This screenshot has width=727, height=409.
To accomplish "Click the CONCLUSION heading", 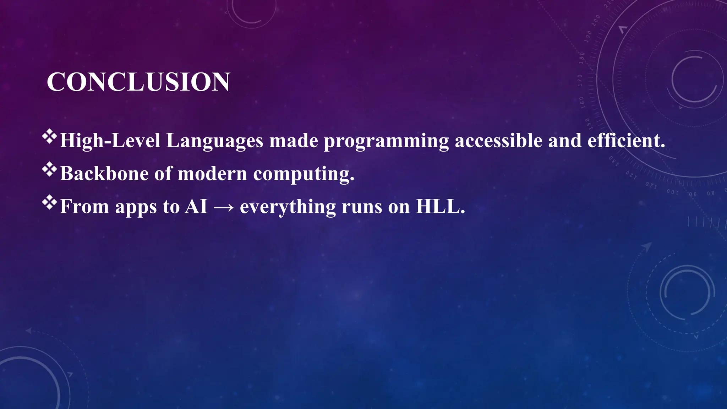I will [138, 82].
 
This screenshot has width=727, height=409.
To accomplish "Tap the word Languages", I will [214, 141].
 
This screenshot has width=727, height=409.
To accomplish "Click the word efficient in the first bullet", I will [626, 141].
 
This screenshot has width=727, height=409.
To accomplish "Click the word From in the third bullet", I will [84, 206].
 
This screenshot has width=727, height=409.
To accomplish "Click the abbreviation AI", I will [196, 206].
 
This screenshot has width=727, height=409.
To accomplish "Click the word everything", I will [288, 207].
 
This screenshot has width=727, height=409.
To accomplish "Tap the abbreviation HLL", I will [440, 206].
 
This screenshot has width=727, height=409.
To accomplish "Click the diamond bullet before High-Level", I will [49, 137].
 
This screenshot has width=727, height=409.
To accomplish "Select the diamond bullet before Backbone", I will [49, 169].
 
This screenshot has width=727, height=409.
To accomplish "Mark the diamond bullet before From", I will [49, 202].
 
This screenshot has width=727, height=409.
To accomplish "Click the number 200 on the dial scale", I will [596, 21].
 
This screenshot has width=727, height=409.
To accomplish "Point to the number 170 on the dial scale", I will [580, 80].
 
